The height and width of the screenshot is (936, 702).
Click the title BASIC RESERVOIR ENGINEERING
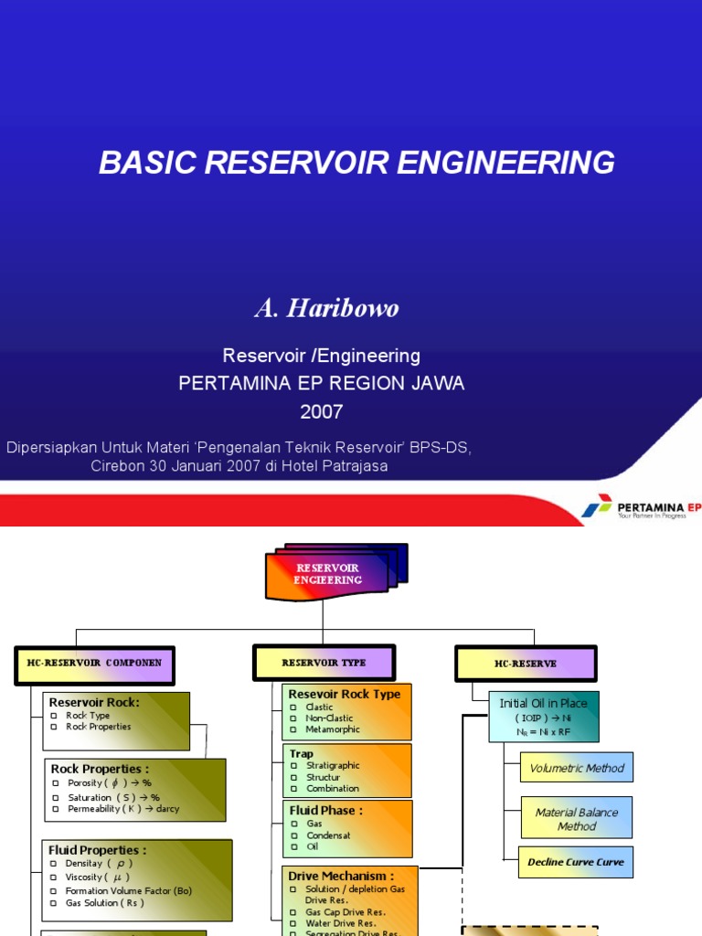click(356, 163)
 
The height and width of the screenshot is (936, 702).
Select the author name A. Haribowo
click(326, 309)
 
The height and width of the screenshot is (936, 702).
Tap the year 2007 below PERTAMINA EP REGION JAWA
click(322, 411)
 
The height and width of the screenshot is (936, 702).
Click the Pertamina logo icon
click(597, 505)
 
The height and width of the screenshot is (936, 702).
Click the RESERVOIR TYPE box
click(324, 663)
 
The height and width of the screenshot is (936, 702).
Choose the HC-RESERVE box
click(526, 664)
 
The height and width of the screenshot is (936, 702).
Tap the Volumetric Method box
click(576, 768)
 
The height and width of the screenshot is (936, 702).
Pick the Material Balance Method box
click(576, 819)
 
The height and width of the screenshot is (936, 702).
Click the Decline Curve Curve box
click(576, 862)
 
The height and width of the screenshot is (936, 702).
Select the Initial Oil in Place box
click(543, 717)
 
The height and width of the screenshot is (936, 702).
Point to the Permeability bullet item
click(122, 809)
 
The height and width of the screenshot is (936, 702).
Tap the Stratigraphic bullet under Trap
click(333, 765)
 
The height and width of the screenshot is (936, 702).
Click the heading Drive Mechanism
click(341, 876)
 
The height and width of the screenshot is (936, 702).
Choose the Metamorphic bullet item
click(333, 729)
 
